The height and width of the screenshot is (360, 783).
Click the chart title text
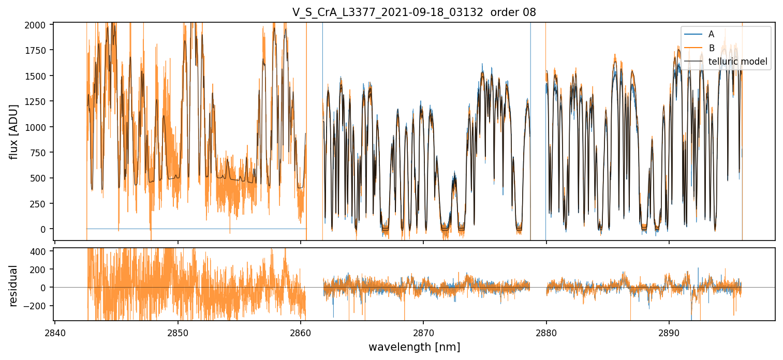click(x=414, y=12)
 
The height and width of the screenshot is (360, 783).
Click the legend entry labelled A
click(x=711, y=34)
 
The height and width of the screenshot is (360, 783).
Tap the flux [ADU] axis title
click(x=14, y=131)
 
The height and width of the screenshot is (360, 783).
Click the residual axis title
click(x=14, y=285)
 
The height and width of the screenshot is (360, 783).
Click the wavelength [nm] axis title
click(x=414, y=347)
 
